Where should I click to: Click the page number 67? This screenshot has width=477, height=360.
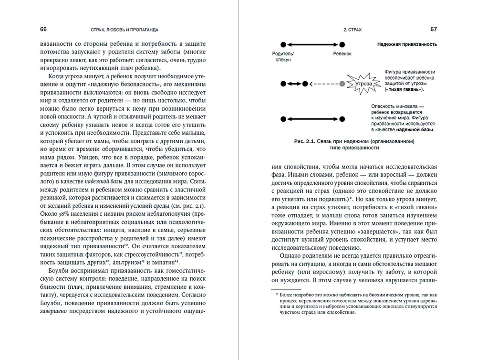pos(434,29)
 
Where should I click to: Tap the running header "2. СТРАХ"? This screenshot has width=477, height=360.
pos(353,30)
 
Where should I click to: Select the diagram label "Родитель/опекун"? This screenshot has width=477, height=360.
pos(283,57)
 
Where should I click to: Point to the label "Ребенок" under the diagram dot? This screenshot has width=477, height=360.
pos(342,54)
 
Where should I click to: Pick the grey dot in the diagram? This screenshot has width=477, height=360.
pos(342,84)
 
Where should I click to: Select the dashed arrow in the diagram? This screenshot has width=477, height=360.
pos(324,84)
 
